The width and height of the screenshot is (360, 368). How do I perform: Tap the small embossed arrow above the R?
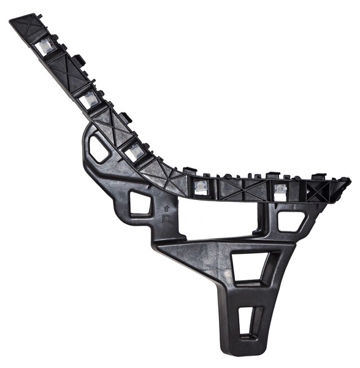[x=164, y=209]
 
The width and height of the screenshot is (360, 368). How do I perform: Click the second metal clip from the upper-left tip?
[x=90, y=99]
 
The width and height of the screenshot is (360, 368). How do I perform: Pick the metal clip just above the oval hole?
[x=134, y=151]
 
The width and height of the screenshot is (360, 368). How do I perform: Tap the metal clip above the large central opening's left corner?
[x=200, y=186]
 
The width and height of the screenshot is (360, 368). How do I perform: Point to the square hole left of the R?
[x=140, y=203]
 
